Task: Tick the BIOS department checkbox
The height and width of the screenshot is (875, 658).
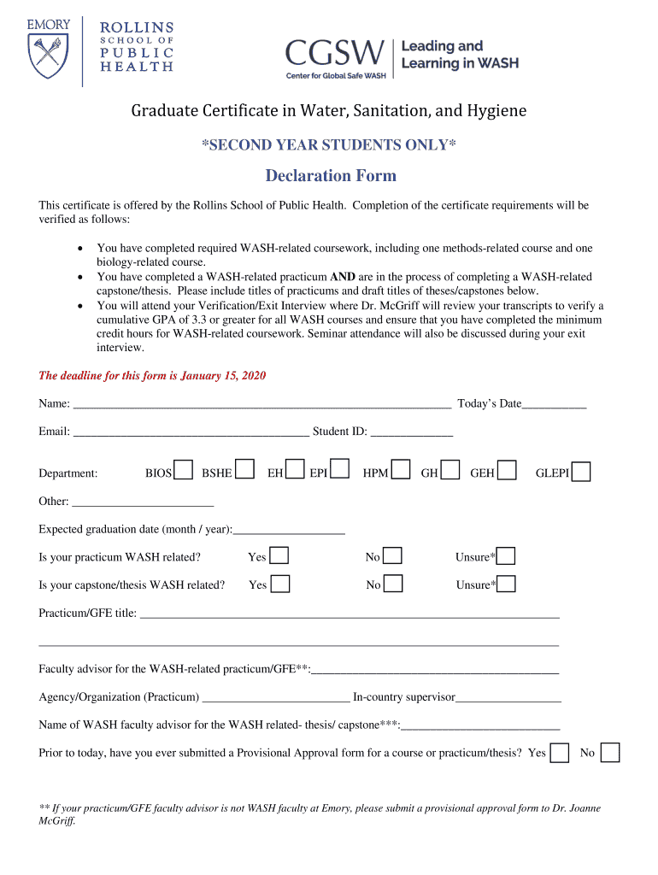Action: (183, 471)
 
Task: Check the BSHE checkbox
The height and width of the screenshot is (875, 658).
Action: (244, 470)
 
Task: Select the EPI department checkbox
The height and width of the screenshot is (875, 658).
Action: (339, 469)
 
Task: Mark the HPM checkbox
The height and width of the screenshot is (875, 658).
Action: (402, 471)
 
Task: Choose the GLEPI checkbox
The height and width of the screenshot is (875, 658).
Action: (581, 473)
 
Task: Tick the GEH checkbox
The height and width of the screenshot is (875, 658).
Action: (507, 471)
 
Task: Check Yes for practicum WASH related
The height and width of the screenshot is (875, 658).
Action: (279, 556)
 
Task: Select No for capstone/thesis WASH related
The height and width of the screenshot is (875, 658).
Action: (393, 584)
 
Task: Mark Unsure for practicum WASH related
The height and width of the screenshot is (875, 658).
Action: (506, 557)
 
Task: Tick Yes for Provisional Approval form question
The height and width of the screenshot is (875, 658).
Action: (560, 753)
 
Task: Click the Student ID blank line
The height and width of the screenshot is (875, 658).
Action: (412, 432)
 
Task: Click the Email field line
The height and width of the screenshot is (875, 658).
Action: (191, 432)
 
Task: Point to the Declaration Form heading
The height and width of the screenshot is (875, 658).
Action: (331, 176)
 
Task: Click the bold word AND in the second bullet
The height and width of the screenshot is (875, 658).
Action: (343, 277)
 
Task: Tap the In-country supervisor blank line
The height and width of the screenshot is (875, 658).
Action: (508, 697)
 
